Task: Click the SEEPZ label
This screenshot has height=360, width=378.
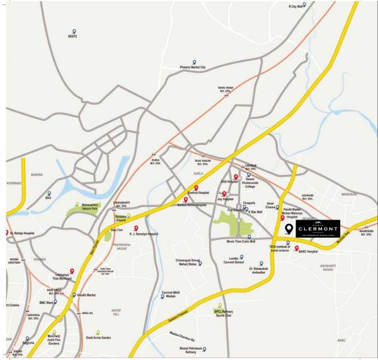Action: coord(73,37)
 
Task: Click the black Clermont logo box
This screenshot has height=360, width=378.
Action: coord(310,228)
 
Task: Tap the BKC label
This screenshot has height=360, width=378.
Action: coord(49,198)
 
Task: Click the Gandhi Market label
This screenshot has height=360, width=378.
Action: coord(85,295)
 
